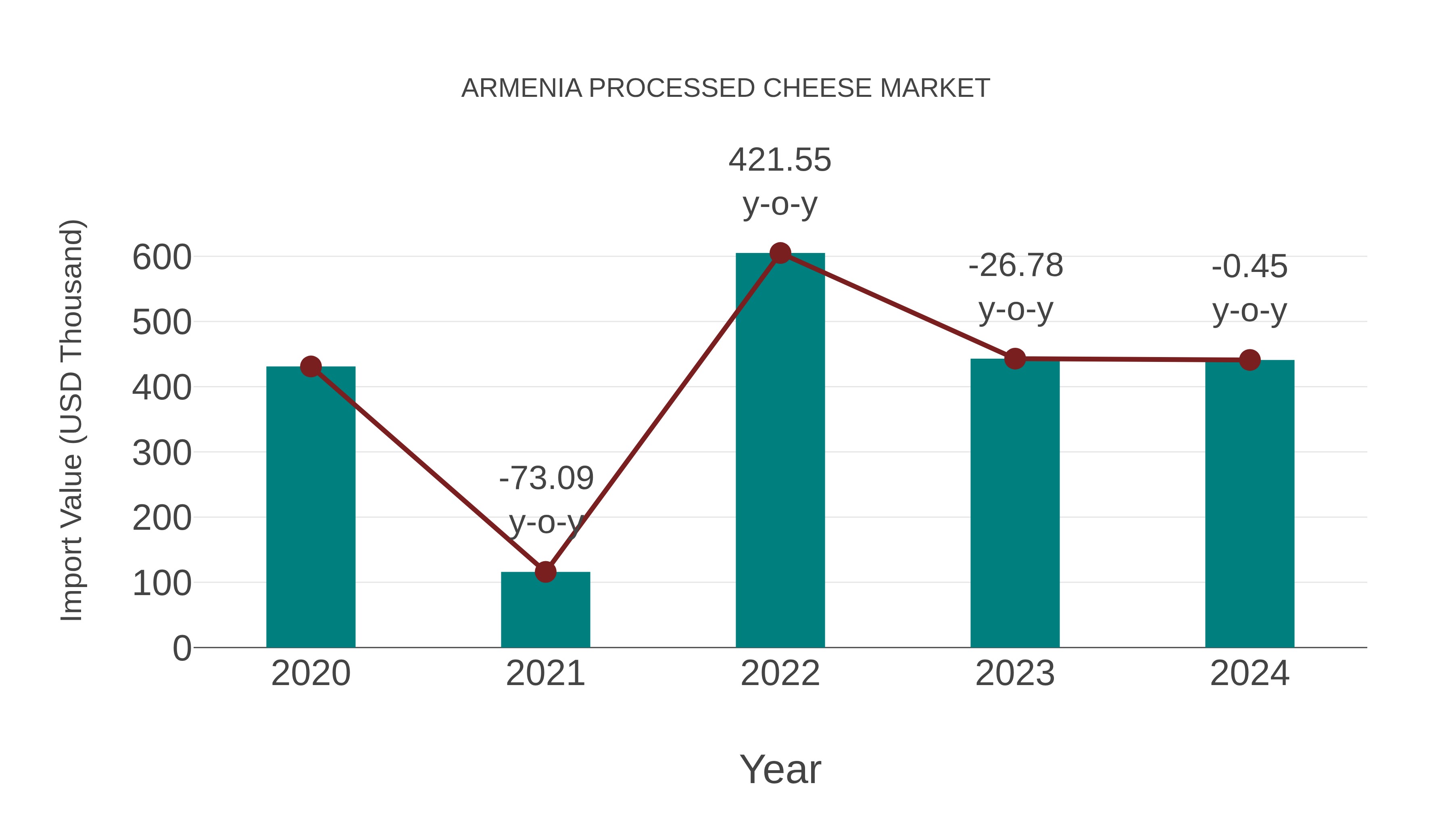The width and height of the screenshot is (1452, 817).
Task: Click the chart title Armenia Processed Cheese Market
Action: tap(726, 88)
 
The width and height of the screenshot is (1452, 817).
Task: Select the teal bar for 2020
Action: tap(311, 508)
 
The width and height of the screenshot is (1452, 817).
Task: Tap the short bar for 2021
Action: tap(545, 612)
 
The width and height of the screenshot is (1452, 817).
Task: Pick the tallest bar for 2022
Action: tap(780, 451)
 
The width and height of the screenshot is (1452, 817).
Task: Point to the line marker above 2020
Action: tap(311, 366)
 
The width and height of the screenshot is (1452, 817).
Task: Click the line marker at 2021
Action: tap(545, 572)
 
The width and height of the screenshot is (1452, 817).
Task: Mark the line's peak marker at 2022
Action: tap(780, 253)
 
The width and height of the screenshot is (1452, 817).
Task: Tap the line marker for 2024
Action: tap(1250, 360)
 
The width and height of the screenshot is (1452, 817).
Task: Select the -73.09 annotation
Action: tap(546, 478)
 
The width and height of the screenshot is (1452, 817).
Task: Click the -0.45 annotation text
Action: tap(1250, 267)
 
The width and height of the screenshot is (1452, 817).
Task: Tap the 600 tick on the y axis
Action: tap(162, 258)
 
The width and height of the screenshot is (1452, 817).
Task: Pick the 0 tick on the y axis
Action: tap(181, 648)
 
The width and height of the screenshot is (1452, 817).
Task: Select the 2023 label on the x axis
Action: tap(1015, 673)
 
